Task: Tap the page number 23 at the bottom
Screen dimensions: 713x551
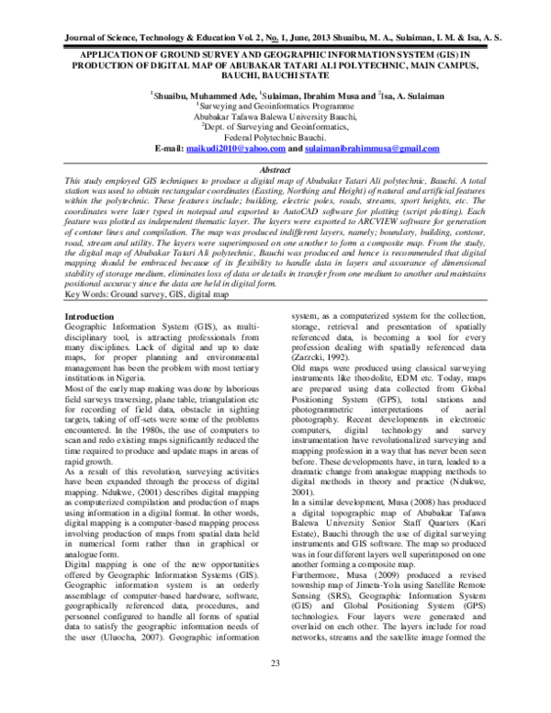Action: (275, 688)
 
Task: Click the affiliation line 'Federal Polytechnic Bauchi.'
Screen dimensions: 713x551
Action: (275, 137)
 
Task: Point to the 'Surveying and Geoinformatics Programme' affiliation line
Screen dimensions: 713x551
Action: (275, 107)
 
